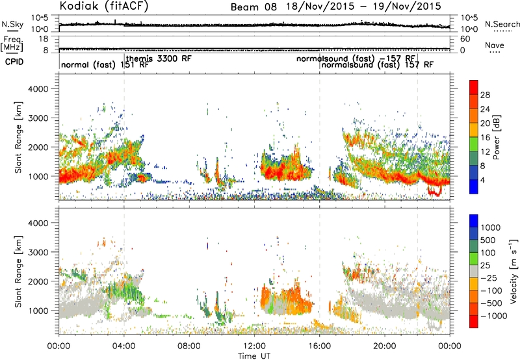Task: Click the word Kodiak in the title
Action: point(80,5)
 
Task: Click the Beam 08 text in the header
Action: point(253,7)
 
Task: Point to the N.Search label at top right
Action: point(502,24)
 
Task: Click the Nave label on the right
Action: point(495,45)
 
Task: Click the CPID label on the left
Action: point(14,62)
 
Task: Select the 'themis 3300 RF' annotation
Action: point(159,58)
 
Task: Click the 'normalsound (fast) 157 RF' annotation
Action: point(378,64)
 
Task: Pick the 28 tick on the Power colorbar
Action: point(485,95)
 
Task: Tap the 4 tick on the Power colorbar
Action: point(482,180)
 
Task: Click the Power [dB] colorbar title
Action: point(497,137)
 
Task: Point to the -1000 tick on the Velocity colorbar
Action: point(494,316)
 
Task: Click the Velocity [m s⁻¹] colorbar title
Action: point(513,271)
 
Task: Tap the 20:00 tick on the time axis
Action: point(385,346)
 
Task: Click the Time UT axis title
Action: point(254,356)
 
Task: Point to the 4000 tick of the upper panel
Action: point(38,89)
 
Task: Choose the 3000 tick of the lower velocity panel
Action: point(38,252)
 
